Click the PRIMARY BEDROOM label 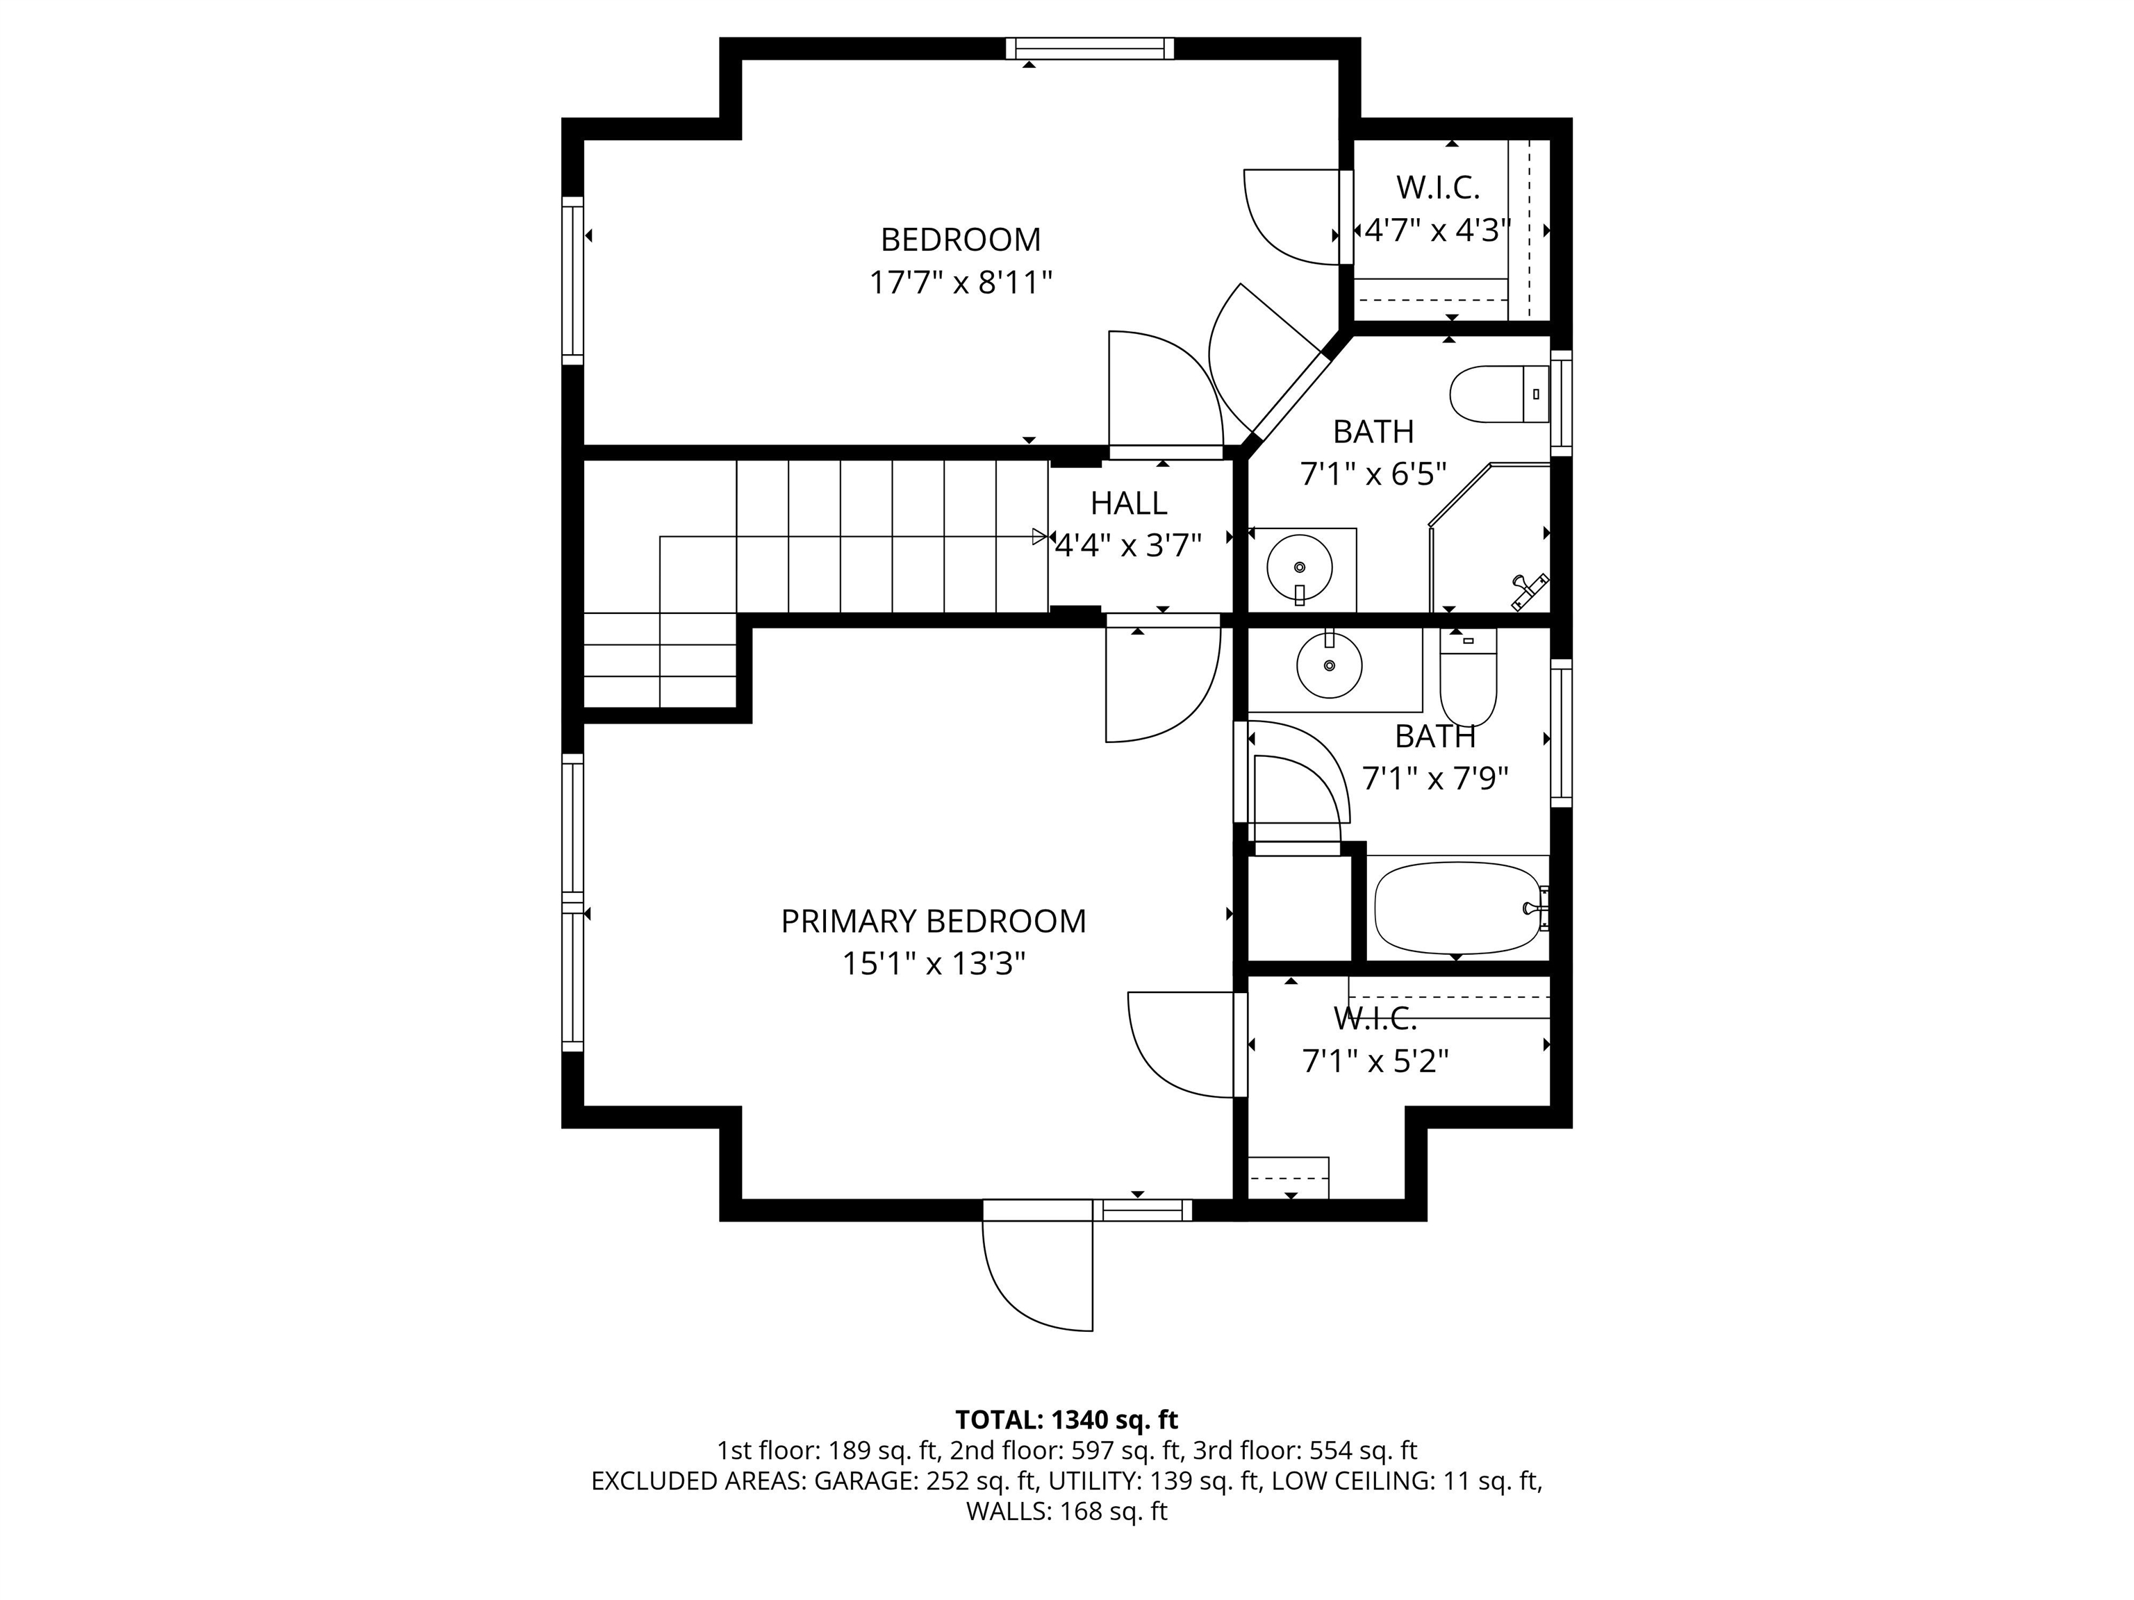click(x=933, y=921)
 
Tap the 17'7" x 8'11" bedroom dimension click(x=960, y=283)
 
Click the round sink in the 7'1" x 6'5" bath click(x=1298, y=568)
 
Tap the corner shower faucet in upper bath click(x=1528, y=590)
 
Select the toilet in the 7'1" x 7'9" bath click(x=1467, y=674)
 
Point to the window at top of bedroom click(x=1089, y=48)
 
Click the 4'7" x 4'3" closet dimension click(x=1437, y=231)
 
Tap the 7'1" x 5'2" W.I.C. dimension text click(x=1375, y=1061)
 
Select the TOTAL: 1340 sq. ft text click(x=1066, y=1419)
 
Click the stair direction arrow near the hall click(x=1039, y=536)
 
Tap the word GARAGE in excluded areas click(x=864, y=1481)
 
